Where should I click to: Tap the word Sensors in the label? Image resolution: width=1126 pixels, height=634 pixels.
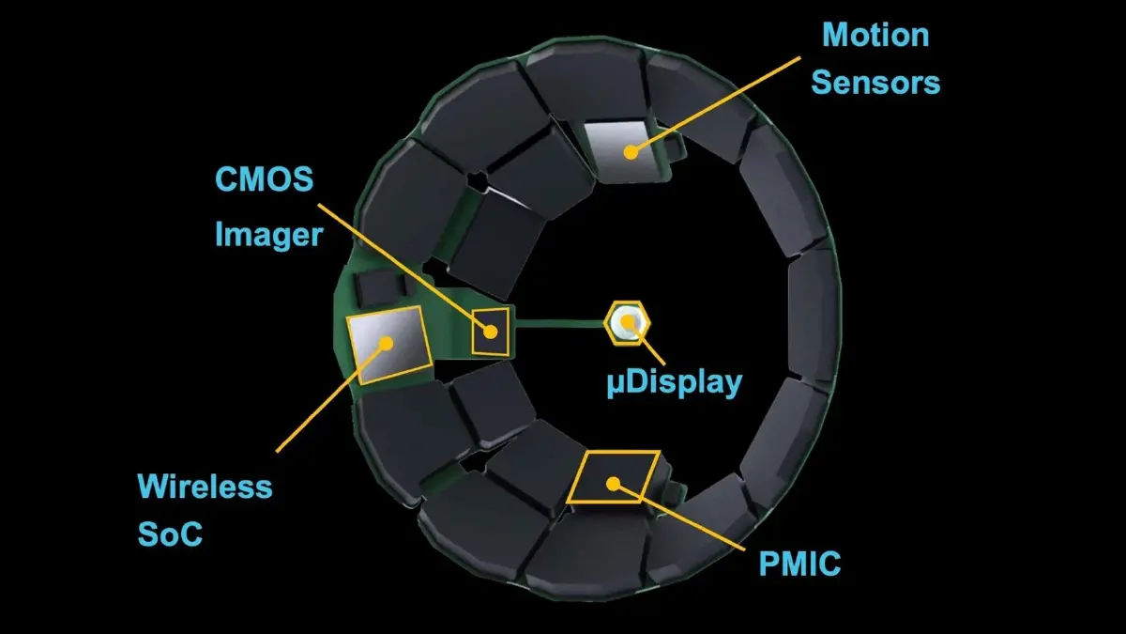click(x=875, y=82)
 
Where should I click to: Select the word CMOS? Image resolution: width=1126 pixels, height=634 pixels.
click(x=264, y=178)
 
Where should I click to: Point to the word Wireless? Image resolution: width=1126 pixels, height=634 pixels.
click(x=205, y=487)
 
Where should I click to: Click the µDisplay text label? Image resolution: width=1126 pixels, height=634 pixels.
click(x=674, y=383)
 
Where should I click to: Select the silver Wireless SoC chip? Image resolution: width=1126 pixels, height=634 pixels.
click(x=388, y=345)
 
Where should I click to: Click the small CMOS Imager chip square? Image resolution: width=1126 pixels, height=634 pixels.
click(x=492, y=331)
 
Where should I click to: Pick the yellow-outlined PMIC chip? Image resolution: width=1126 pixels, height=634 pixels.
click(x=614, y=476)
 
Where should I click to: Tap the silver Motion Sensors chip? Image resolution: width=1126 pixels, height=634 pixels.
click(x=624, y=150)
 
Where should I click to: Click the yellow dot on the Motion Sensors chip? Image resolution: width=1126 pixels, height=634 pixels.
click(x=632, y=150)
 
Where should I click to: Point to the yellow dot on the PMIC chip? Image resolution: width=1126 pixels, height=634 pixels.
click(x=614, y=484)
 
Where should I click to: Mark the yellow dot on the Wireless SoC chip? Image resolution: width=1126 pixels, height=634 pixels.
click(x=385, y=343)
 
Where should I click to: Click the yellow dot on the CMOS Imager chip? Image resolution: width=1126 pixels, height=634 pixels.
click(x=490, y=331)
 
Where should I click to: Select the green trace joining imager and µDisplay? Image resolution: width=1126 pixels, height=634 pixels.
click(x=558, y=324)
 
